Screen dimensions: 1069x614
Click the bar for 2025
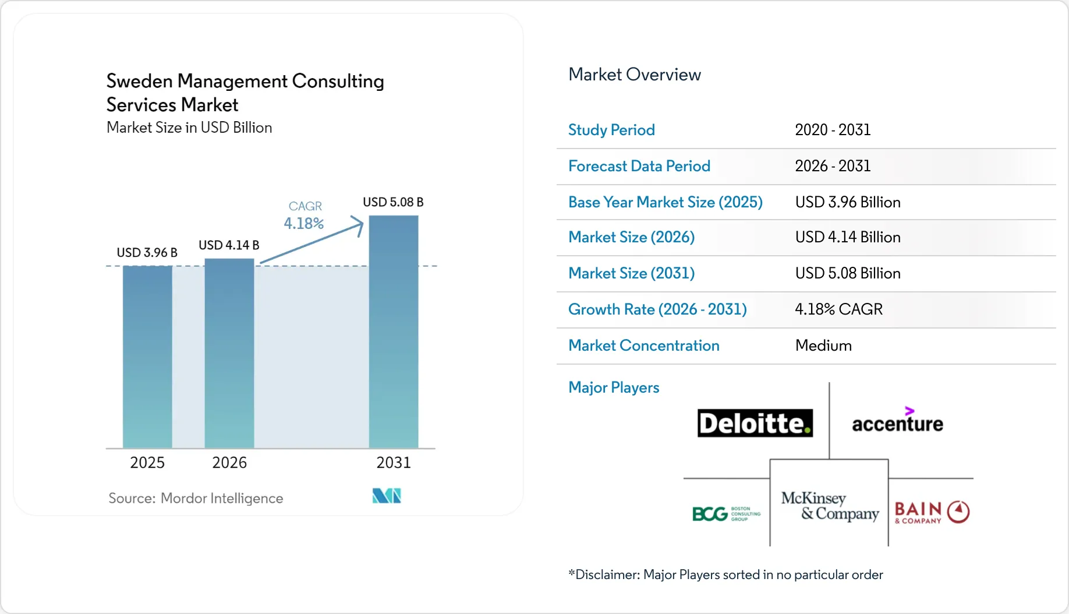pyautogui.click(x=147, y=357)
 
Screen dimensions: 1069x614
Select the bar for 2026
pyautogui.click(x=229, y=353)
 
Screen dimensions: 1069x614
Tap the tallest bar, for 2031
pyautogui.click(x=394, y=331)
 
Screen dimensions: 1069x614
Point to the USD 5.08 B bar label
pyautogui.click(x=393, y=202)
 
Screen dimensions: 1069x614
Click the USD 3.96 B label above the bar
pyautogui.click(x=147, y=252)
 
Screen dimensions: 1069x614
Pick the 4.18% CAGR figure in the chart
pyautogui.click(x=304, y=223)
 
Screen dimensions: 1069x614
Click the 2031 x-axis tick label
pyautogui.click(x=394, y=463)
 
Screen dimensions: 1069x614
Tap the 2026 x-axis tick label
pyautogui.click(x=229, y=463)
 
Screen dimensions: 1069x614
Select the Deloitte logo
pyautogui.click(x=755, y=423)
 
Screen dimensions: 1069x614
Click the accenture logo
pyautogui.click(x=897, y=421)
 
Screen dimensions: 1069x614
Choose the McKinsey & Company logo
pyautogui.click(x=830, y=506)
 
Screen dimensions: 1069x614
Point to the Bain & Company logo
pyautogui.click(x=932, y=512)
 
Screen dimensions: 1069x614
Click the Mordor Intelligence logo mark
pyautogui.click(x=387, y=496)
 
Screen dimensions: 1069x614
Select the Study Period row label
pyautogui.click(x=611, y=130)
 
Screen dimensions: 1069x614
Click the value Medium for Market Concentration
pyautogui.click(x=823, y=345)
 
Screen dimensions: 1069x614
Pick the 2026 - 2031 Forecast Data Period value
pyautogui.click(x=833, y=166)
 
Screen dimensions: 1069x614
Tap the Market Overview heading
pyautogui.click(x=635, y=75)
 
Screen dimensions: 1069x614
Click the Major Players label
pyautogui.click(x=614, y=387)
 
